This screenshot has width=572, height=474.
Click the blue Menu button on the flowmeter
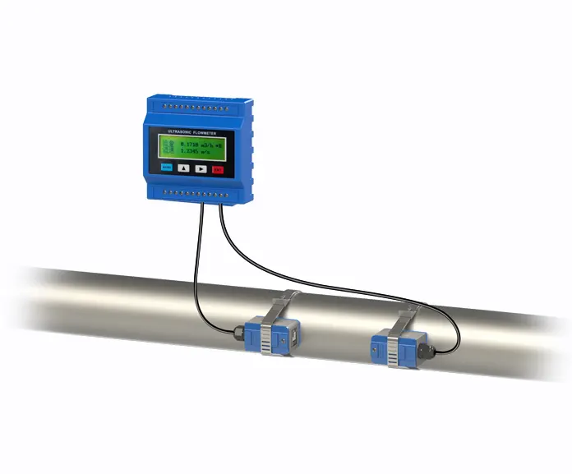click(167, 168)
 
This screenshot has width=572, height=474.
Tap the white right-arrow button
click(201, 168)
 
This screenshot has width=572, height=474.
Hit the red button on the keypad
click(218, 169)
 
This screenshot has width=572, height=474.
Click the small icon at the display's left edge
click(165, 147)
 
